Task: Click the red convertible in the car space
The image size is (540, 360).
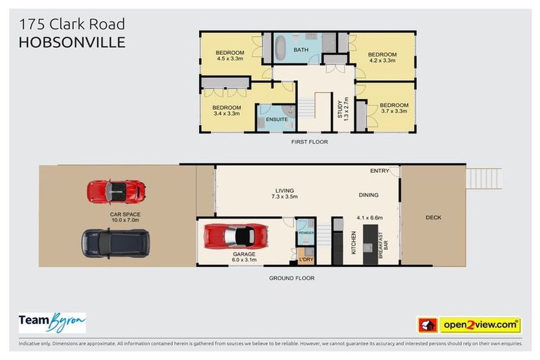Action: click(116, 191)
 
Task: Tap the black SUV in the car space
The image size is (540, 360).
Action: click(115, 243)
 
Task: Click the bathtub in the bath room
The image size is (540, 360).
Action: click(281, 50)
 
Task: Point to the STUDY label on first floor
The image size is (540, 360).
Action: click(339, 111)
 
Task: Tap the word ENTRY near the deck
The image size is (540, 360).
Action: click(379, 171)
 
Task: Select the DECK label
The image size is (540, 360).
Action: click(433, 217)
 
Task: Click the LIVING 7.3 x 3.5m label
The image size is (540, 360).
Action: click(284, 194)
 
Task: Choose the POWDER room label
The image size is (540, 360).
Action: click(305, 232)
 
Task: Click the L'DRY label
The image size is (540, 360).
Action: click(305, 260)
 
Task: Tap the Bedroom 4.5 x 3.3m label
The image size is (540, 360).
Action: click(229, 56)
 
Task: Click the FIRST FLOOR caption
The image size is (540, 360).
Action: click(309, 142)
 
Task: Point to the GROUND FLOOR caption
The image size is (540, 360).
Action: click(291, 278)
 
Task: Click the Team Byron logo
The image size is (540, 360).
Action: click(52, 323)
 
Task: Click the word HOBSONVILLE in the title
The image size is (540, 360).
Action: click(72, 42)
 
